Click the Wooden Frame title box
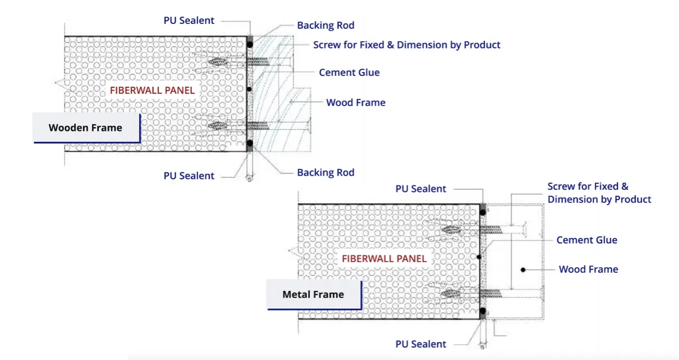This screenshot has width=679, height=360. (86, 128)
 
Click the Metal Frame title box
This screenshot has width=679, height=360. (313, 295)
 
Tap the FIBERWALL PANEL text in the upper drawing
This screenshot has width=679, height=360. (152, 91)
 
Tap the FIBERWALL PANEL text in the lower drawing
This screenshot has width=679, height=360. (384, 259)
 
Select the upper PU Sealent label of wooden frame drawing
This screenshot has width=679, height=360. (189, 21)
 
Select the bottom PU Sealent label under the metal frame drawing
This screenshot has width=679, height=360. (421, 344)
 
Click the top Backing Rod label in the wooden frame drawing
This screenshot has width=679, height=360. (325, 26)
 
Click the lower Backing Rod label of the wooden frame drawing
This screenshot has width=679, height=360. (325, 173)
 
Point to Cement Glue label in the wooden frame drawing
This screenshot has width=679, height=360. (349, 73)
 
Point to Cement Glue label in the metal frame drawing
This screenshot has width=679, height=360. (587, 240)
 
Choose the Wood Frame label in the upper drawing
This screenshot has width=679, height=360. (356, 103)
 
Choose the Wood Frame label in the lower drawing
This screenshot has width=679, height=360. (588, 269)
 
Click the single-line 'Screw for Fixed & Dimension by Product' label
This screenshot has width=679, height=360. (407, 45)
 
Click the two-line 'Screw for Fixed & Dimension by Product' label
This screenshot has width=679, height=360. (599, 193)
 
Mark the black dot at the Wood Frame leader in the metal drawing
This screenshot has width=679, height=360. (523, 269)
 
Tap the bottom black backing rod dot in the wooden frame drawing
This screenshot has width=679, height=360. (250, 143)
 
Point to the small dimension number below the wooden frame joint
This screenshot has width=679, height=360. (249, 179)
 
